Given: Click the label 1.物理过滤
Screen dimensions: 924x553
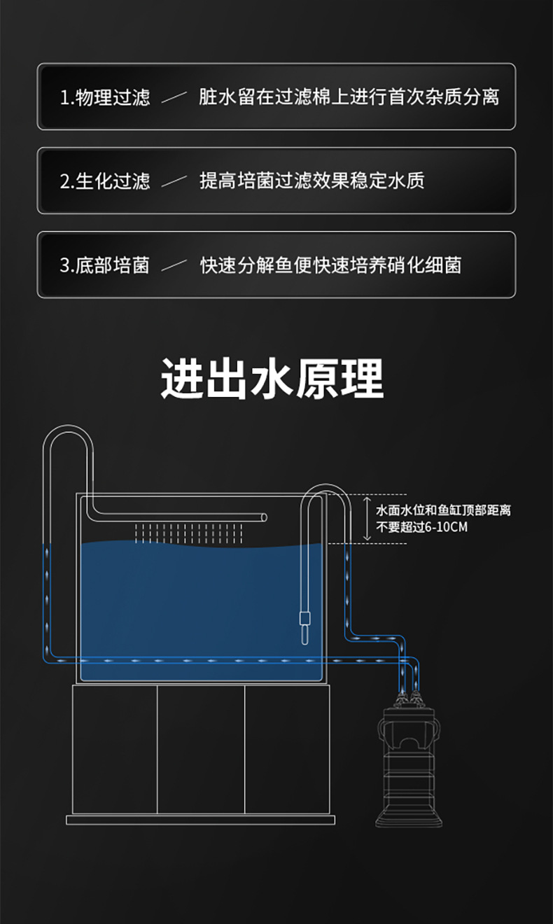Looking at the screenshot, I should (x=105, y=97).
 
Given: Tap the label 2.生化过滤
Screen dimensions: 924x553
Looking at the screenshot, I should (x=105, y=181).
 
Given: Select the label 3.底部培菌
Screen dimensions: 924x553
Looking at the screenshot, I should (x=105, y=265).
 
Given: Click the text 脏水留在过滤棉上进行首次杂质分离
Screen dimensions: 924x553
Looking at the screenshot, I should (x=349, y=97).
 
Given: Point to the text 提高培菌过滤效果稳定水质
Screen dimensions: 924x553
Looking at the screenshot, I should (x=311, y=181).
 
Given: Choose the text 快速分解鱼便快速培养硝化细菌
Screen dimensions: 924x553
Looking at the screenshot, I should (x=330, y=265).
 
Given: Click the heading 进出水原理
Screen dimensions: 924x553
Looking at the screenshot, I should (x=272, y=379).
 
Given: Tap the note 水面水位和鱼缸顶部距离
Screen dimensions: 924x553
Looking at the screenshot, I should (x=443, y=510).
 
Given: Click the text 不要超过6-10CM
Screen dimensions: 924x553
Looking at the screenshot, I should (x=421, y=527).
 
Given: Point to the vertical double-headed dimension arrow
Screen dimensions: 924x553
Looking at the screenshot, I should (x=366, y=519).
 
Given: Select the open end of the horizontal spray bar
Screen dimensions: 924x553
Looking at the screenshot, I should (x=263, y=517).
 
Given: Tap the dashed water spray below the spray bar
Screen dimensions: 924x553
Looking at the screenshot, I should (x=188, y=533).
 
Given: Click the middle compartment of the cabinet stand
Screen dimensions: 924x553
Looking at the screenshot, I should (x=201, y=749).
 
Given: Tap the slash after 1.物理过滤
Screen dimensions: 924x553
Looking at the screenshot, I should (x=174, y=98).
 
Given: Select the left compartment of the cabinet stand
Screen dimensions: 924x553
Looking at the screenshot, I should (x=115, y=749).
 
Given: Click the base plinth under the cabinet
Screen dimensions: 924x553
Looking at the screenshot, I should (x=201, y=820).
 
